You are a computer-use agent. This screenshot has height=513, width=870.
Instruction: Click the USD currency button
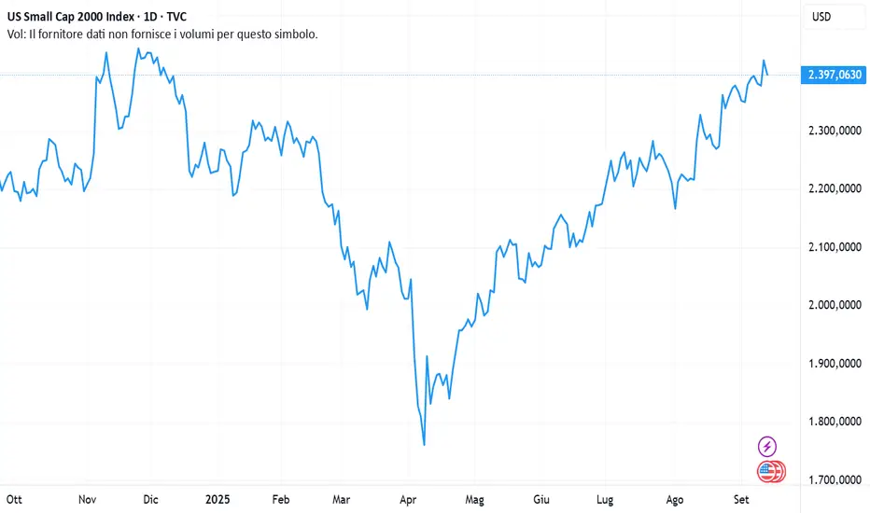pos(821,16)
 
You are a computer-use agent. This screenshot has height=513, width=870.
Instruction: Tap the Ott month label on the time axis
pos(17,499)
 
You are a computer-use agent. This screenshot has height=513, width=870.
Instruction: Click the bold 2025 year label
pos(217,499)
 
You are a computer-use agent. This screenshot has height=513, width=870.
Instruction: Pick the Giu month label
pos(540,499)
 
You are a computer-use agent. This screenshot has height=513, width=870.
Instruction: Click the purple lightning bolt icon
pos(767,447)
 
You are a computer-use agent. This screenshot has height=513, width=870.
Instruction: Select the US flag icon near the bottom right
pos(767,471)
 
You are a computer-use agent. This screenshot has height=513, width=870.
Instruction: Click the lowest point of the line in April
pos(425,445)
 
